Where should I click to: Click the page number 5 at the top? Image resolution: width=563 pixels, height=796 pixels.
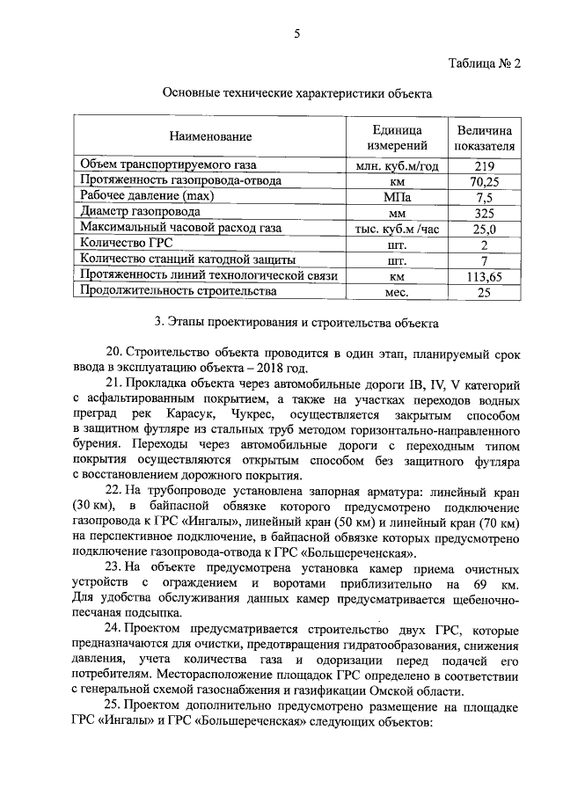[x=296, y=33]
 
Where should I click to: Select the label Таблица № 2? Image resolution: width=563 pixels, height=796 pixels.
[x=485, y=64]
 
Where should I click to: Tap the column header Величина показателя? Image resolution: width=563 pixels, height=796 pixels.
[x=485, y=137]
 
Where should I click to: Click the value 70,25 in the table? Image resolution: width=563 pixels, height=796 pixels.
[x=485, y=181]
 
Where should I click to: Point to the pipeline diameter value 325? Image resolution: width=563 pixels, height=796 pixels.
[x=485, y=213]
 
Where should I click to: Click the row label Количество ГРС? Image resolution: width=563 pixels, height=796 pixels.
[x=127, y=244]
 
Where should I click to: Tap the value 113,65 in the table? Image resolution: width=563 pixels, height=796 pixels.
[x=485, y=276]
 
